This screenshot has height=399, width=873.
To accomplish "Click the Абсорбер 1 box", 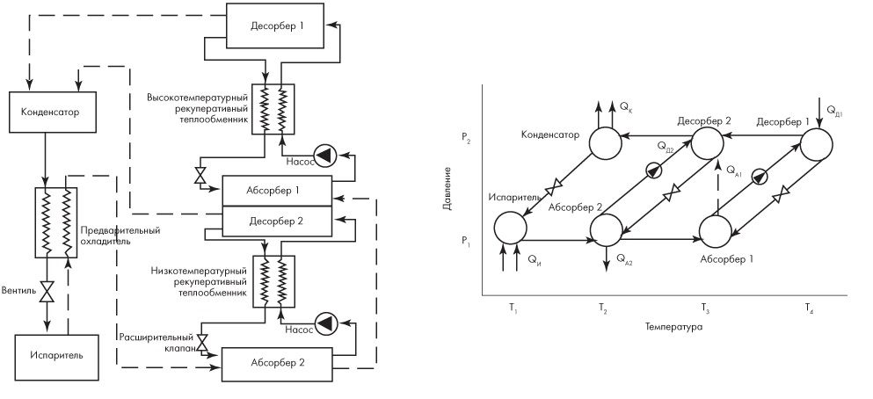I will click(x=276, y=189).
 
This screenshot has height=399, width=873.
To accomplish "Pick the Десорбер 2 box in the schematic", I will click(x=276, y=220).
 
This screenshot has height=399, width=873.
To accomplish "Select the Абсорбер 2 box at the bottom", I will click(x=276, y=362).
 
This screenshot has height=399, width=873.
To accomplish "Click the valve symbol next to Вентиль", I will click(x=50, y=290).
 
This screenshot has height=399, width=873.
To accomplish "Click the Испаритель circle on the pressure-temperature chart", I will click(x=509, y=228).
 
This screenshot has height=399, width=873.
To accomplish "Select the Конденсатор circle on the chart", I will click(x=604, y=143).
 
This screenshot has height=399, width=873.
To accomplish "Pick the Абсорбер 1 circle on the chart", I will click(x=717, y=230).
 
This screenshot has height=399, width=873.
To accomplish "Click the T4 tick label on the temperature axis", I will click(x=808, y=308).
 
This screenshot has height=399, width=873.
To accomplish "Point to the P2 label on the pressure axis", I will click(x=464, y=138).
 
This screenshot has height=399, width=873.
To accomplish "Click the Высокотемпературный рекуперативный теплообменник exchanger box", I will click(x=272, y=108).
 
